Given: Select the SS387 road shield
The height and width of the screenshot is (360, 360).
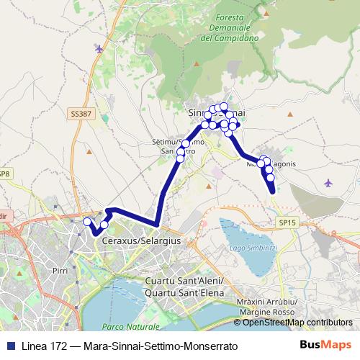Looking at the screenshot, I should coord(82,114).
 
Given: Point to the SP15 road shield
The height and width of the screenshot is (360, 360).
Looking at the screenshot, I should coord(288,223).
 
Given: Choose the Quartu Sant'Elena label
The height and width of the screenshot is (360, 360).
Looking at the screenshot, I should coord(185,293).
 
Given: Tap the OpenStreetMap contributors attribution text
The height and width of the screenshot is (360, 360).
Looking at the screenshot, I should coord(297,323).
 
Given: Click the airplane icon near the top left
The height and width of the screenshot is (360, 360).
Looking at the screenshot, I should coord(99,49).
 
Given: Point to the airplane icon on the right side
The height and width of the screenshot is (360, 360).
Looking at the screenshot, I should coord(328,182).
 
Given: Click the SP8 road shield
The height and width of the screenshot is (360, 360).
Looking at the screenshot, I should coord(4,174).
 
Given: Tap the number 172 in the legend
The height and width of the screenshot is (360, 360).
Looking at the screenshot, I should coord(60,346).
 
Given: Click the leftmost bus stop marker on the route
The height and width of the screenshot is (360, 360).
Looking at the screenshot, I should coord(87,222).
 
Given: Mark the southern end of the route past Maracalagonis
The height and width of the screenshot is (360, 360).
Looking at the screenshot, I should coord(273,192).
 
